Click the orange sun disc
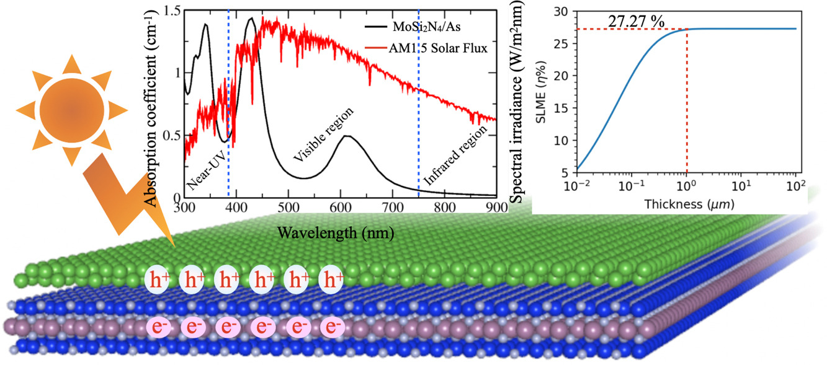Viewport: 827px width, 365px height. coord(71,111)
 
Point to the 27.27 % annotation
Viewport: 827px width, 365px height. coord(632,22)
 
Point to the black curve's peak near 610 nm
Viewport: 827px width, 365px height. coord(348,136)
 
